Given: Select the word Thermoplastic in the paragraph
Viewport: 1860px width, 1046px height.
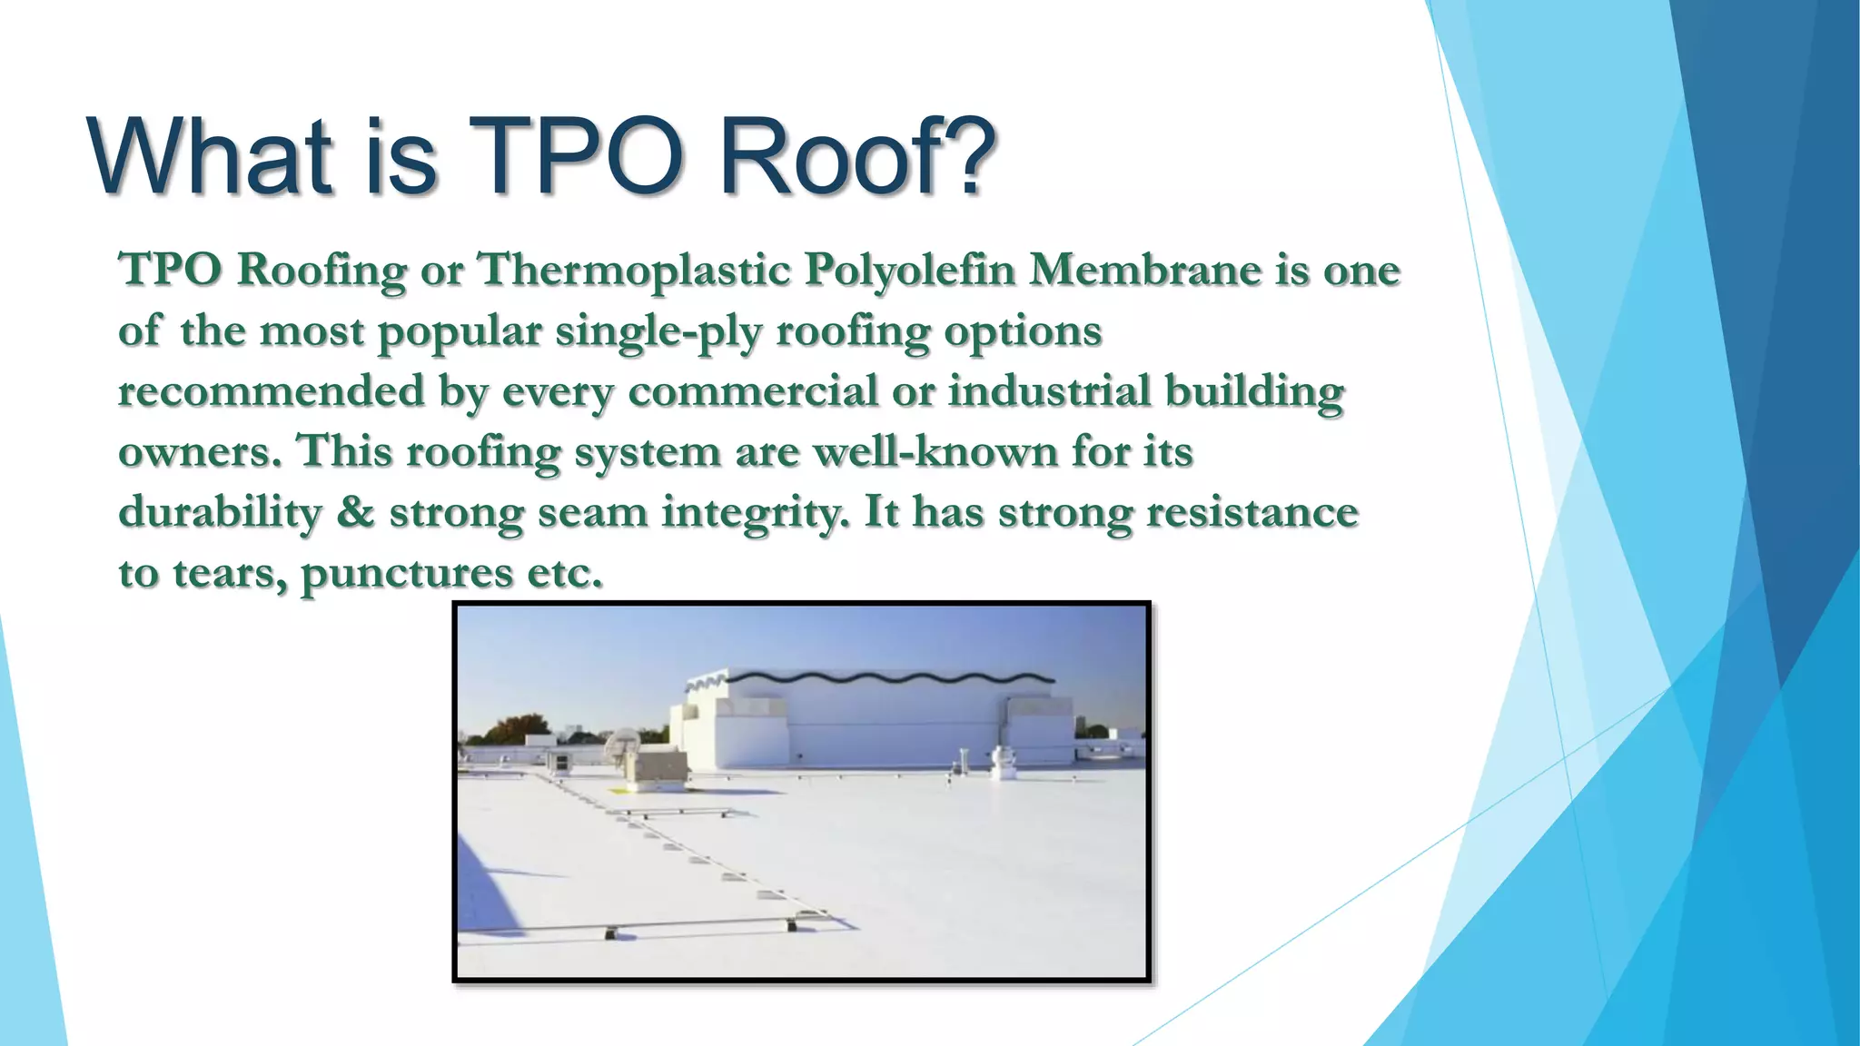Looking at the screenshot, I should pyautogui.click(x=633, y=270).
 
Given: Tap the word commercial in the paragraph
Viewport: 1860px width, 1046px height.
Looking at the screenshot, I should pyautogui.click(x=753, y=391).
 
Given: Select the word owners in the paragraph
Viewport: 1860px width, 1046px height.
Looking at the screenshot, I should pyautogui.click(x=199, y=452).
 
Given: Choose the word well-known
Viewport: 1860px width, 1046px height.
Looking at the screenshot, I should pyautogui.click(x=935, y=451).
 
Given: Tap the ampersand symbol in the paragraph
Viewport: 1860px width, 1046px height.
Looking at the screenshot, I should pyautogui.click(x=355, y=512).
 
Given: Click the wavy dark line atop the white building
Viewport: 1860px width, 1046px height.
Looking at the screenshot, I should pyautogui.click(x=890, y=678).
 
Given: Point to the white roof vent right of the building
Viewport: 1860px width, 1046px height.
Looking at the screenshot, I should pyautogui.click(x=1003, y=763).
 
